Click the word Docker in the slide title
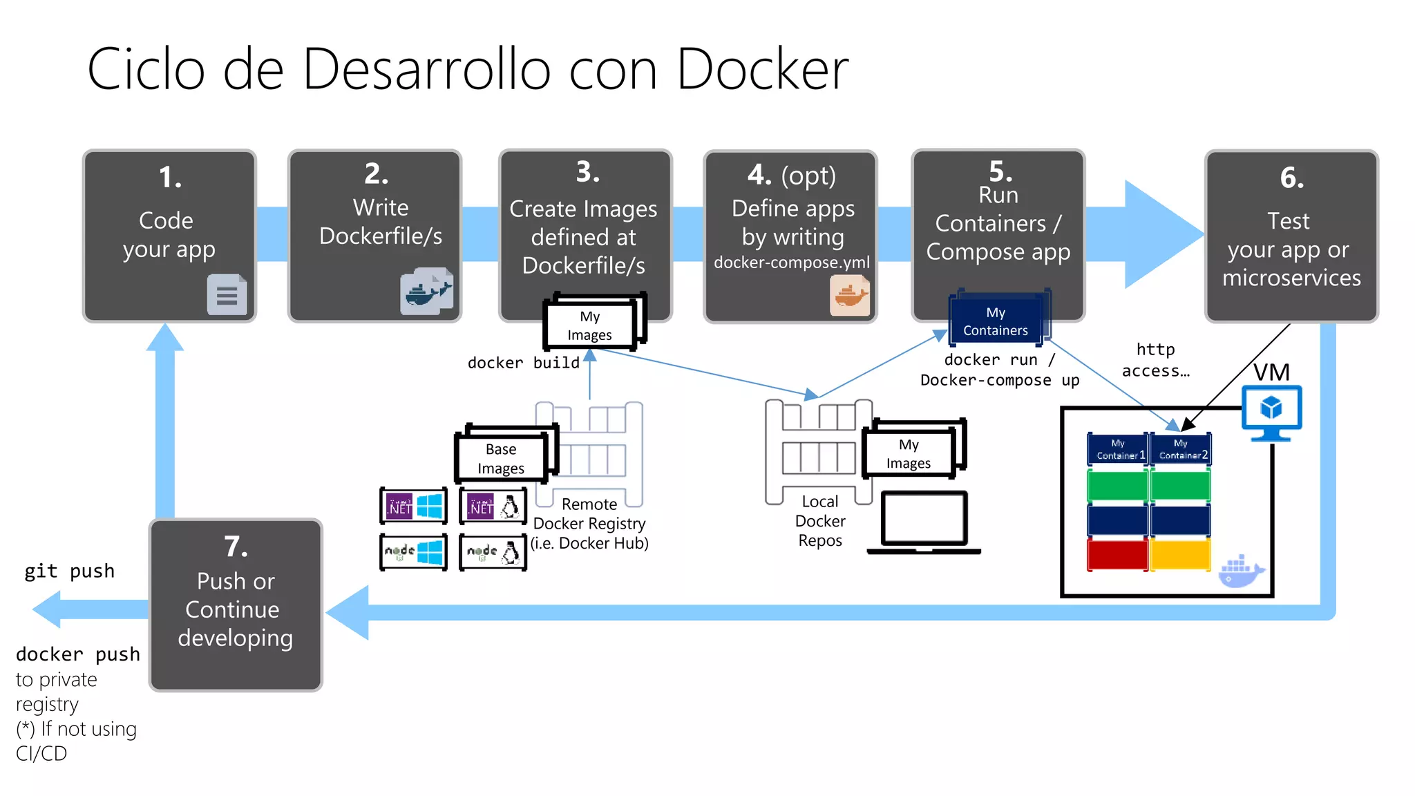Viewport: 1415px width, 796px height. click(762, 69)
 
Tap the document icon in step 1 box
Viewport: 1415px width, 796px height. click(227, 295)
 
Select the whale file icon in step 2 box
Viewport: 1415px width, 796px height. click(426, 292)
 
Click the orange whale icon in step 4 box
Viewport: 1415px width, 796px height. click(850, 296)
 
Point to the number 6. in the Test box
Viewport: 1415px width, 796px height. click(1292, 178)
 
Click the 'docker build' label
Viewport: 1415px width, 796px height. click(523, 363)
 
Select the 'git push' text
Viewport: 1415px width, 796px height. click(69, 571)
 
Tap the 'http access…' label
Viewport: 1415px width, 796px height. click(1155, 360)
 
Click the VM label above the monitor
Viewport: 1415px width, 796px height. click(1271, 372)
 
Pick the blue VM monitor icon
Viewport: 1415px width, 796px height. click(1271, 413)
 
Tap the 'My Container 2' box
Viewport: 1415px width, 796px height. click(1180, 449)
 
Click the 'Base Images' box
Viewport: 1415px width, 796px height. click(501, 459)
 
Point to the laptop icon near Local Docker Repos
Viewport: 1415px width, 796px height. click(924, 522)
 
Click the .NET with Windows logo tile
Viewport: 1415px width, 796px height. click(413, 506)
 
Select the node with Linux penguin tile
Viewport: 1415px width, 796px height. click(493, 552)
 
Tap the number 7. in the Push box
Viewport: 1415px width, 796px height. click(236, 547)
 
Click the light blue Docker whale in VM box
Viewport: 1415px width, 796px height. click(1240, 572)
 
